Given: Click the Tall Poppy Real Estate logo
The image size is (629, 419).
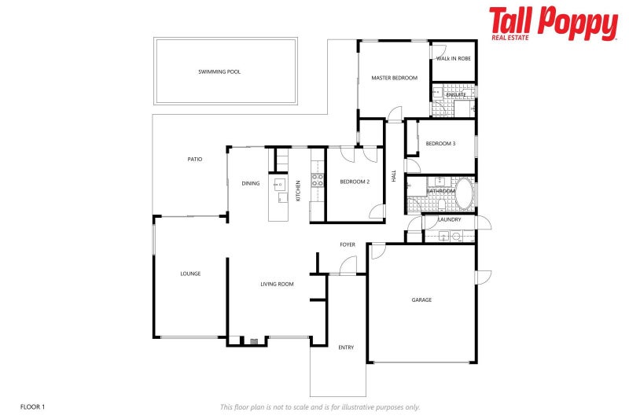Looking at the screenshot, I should (553, 24).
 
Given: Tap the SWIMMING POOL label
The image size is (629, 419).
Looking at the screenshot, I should (219, 72).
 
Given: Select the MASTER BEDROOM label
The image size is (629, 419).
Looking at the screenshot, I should (394, 78).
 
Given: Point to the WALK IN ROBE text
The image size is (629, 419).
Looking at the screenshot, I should (454, 59).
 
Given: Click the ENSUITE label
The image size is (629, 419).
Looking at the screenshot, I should (456, 95).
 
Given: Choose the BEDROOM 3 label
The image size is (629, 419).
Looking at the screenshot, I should (440, 143).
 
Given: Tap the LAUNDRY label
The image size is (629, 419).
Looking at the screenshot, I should (450, 219).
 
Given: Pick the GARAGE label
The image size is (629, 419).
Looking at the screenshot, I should (421, 300).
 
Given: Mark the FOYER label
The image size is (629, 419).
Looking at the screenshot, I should (348, 244).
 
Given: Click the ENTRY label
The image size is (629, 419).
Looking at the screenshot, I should (346, 347).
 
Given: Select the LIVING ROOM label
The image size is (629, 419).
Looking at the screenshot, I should (277, 284).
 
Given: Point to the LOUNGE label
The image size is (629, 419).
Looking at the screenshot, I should (190, 274).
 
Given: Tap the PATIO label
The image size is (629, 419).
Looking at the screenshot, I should (195, 159).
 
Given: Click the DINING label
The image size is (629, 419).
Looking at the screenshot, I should (251, 183).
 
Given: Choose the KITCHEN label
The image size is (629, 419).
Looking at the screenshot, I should (298, 190).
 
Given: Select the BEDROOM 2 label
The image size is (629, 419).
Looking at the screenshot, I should (355, 182).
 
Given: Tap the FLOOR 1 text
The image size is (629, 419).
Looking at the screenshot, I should (33, 406).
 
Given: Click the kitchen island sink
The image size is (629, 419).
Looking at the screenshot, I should (279, 186).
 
